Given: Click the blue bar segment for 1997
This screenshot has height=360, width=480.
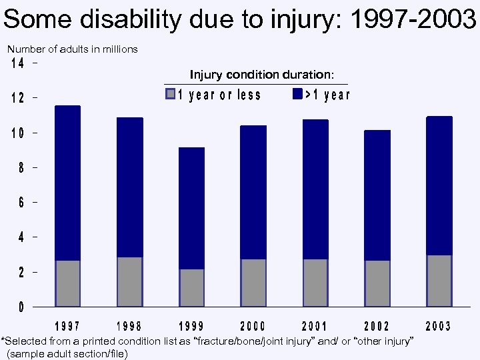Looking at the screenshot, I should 67,183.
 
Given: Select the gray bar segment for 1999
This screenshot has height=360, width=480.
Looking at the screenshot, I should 192,287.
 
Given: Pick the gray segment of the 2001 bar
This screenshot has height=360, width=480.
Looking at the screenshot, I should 315,283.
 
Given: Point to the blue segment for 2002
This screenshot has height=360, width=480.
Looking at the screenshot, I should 377,195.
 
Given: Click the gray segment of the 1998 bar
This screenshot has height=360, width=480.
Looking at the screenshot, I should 129,281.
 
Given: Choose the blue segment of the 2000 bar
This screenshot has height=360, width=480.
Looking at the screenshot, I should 253,192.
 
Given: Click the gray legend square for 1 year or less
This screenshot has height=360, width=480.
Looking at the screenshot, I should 171,94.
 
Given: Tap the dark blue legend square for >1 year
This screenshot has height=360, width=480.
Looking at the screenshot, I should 297,94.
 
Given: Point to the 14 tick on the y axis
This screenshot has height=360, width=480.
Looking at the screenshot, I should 19,64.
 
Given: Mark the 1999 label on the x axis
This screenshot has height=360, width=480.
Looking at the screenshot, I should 191,326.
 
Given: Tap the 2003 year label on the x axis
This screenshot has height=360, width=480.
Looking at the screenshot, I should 438,326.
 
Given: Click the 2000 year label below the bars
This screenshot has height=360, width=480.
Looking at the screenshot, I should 253,326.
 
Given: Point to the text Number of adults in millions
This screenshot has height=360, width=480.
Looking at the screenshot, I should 72,49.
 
